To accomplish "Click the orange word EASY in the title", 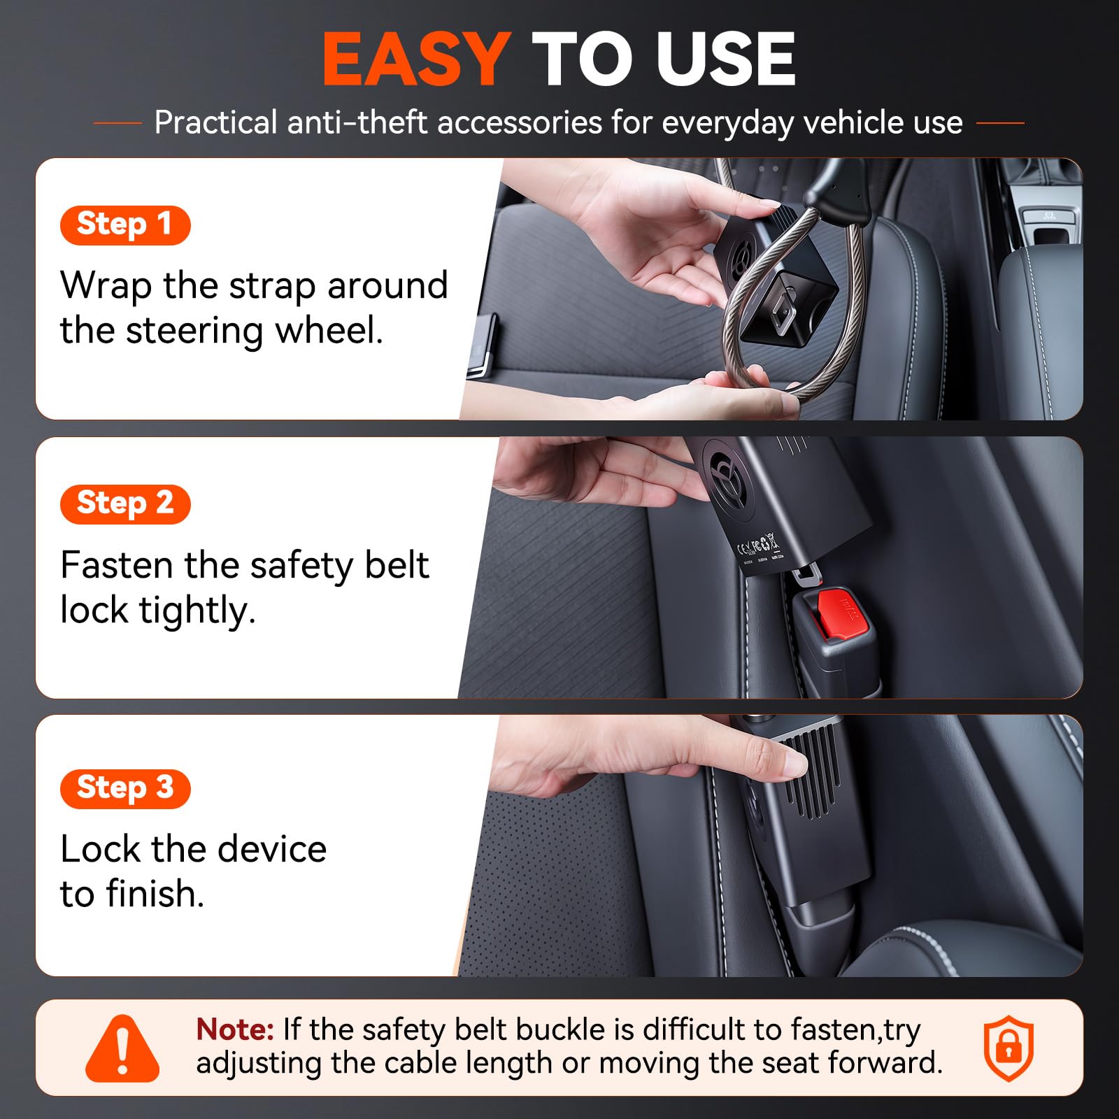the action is tap(415, 59).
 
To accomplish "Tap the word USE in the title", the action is tap(725, 59).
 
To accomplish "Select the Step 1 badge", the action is tap(125, 225).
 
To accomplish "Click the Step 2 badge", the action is tap(125, 504).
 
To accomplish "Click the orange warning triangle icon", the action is tap(122, 1048).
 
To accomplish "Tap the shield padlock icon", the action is tap(1008, 1048).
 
